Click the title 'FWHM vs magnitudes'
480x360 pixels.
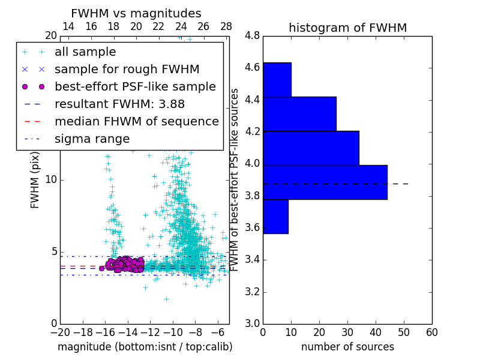[136, 13]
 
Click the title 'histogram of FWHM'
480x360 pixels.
[347, 28]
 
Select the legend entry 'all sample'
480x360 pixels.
[85, 52]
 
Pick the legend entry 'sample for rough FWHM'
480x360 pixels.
[127, 70]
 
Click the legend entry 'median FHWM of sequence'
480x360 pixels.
[136, 122]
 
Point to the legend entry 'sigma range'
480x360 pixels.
[92, 139]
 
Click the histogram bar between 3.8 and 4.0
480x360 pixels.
[325, 182]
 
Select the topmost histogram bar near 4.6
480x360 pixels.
[277, 79]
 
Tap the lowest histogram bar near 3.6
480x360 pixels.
[275, 217]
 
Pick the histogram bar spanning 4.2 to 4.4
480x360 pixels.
[299, 114]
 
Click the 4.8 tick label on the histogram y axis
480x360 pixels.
[253, 35]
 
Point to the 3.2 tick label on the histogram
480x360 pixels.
[253, 292]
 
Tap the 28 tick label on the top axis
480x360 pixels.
[226, 26]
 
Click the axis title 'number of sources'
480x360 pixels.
[347, 347]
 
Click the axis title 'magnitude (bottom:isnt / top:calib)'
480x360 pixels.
[145, 347]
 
